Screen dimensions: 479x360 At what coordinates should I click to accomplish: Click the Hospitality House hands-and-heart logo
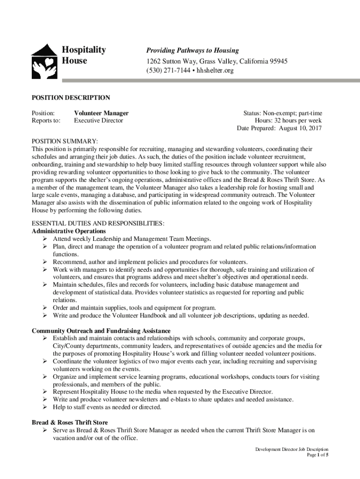click(x=45, y=61)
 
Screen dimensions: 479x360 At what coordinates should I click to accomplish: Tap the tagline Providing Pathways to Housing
click(x=193, y=51)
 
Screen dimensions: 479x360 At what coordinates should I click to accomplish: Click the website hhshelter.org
click(x=214, y=71)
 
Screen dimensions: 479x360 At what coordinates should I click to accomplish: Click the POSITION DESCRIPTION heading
click(x=71, y=98)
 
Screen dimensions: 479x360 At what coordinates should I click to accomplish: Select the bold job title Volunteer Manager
click(x=101, y=113)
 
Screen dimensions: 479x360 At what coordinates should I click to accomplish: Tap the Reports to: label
click(x=46, y=121)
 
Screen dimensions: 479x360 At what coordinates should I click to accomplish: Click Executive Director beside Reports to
click(x=99, y=121)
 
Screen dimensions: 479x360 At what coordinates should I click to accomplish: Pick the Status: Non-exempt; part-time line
click(x=282, y=113)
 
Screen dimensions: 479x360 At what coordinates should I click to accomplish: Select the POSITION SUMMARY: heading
click(x=65, y=141)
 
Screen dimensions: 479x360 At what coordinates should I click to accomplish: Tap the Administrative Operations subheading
click(x=69, y=231)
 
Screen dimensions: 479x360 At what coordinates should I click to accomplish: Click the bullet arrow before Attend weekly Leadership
click(x=46, y=239)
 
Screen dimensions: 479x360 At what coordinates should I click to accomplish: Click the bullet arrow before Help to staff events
click(x=46, y=407)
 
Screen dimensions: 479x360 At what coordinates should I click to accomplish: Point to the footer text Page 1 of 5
click(x=317, y=455)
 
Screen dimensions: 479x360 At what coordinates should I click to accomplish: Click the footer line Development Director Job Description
click(x=292, y=449)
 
